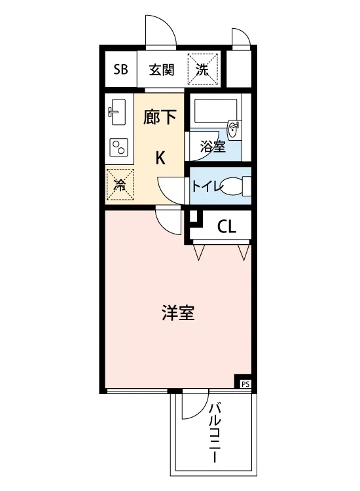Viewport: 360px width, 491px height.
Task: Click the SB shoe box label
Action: tap(120, 69)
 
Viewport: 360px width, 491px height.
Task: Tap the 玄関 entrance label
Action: tap(162, 70)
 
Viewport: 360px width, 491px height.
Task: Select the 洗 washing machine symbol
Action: tap(202, 69)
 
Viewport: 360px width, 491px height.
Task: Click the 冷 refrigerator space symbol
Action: tap(120, 185)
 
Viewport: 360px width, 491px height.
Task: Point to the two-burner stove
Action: tap(118, 147)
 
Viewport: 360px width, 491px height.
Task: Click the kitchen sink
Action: tap(118, 112)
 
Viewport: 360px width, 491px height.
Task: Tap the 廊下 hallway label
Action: tap(160, 117)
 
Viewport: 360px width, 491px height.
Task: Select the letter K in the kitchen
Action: tap(160, 158)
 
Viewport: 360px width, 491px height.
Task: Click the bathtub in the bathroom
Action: tap(215, 111)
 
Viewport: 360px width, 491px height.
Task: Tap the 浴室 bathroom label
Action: tap(213, 147)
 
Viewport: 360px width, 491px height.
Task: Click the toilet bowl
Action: tap(234, 186)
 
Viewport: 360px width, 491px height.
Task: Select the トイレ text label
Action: tap(207, 187)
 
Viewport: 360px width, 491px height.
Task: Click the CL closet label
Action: tap(226, 227)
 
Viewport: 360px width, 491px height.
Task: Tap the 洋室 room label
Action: tap(178, 312)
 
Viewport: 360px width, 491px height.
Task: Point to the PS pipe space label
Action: tap(245, 384)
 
